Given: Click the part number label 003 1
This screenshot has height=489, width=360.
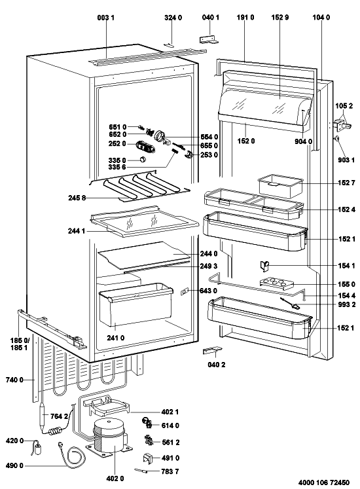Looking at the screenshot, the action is click(x=105, y=18).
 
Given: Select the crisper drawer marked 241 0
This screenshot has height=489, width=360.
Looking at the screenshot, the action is click(x=135, y=304).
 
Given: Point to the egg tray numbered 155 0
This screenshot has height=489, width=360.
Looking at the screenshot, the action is click(x=276, y=283).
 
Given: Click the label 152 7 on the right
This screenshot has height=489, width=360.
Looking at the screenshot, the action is click(x=346, y=183).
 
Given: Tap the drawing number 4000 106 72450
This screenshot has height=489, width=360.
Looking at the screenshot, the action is click(x=324, y=482).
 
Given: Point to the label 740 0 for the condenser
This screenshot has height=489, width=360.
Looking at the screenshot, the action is click(x=14, y=380).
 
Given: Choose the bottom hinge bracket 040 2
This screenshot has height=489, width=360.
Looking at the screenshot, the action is click(x=213, y=351).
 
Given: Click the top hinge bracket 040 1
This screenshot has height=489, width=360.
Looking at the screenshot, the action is click(x=209, y=39).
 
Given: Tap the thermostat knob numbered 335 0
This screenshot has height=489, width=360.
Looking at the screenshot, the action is click(x=143, y=159).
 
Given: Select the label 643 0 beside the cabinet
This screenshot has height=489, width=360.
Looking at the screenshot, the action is click(x=209, y=291).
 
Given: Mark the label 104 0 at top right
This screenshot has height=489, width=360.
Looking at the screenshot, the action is click(x=321, y=18).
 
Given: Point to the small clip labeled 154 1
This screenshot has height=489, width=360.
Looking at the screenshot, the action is click(x=264, y=265).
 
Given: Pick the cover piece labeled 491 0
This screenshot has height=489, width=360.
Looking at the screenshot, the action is click(x=148, y=458).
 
